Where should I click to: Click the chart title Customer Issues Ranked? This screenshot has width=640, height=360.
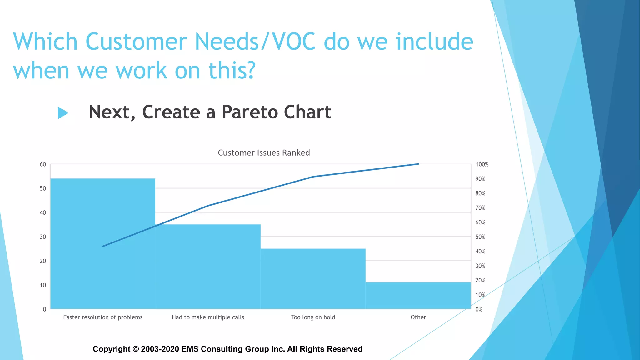click(264, 153)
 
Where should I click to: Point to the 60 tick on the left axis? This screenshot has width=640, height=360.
click(43, 164)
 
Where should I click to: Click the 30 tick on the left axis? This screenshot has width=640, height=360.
click(43, 237)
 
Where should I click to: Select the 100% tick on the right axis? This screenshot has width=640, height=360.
click(482, 164)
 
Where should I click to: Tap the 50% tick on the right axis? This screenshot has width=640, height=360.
click(480, 237)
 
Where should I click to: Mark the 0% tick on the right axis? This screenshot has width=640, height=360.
click(479, 309)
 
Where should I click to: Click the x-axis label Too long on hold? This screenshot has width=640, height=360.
click(313, 317)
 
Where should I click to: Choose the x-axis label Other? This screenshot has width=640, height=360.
click(418, 317)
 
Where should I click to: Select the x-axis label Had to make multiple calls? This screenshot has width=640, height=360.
click(208, 317)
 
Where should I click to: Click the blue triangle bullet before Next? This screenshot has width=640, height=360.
click(63, 113)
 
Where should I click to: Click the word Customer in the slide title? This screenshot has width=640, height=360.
click(136, 42)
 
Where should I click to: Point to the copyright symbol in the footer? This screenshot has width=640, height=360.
click(136, 349)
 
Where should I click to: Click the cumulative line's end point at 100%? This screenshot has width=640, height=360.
click(418, 164)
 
